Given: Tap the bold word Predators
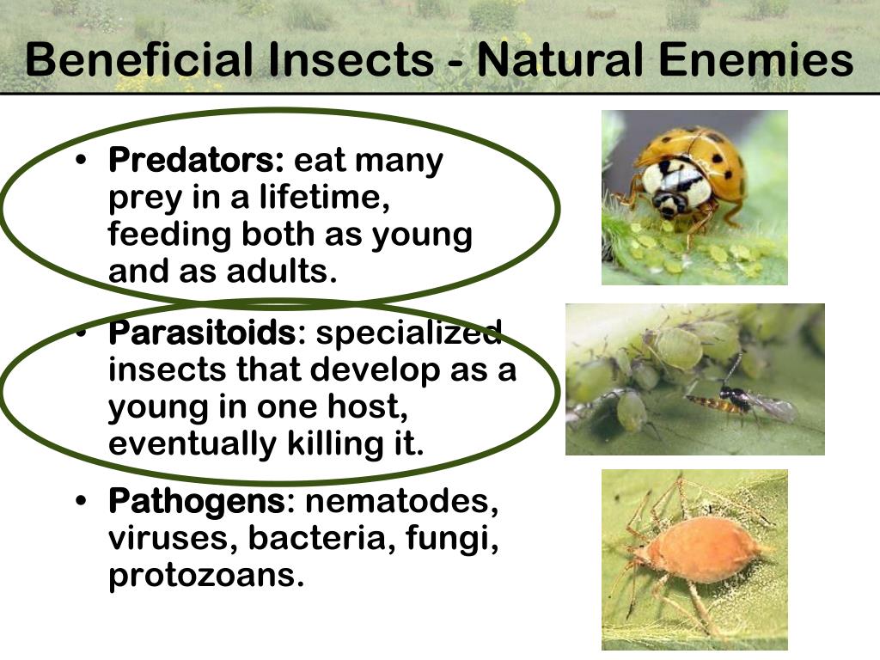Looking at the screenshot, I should (196, 161).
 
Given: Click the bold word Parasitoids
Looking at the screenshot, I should (202, 333).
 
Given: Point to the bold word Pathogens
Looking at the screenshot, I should (196, 501).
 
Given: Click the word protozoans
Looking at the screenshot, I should (205, 577).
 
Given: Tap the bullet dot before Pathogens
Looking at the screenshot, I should (82, 502).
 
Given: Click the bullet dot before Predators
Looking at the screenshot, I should (82, 162).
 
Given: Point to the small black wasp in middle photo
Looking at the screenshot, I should (736, 399).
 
